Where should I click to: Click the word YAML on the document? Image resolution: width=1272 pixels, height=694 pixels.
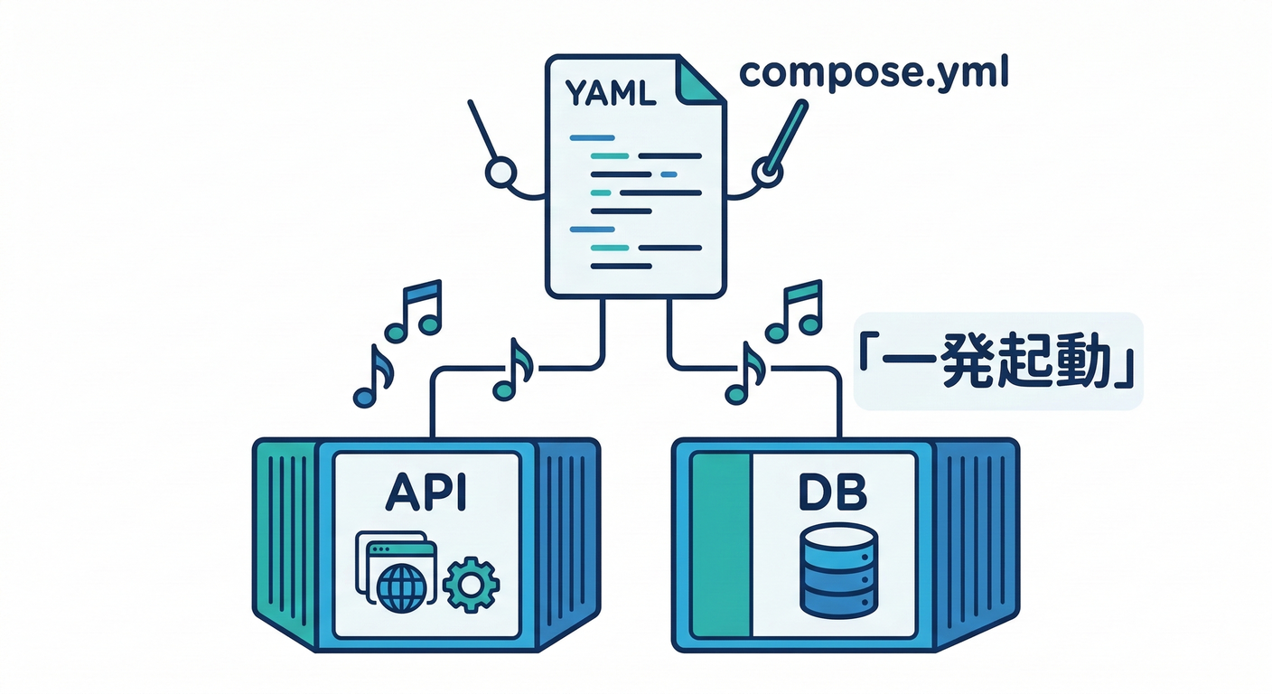click(610, 94)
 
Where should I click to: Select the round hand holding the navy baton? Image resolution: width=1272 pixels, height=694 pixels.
click(500, 173)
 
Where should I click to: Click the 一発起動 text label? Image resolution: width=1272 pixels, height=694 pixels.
click(997, 362)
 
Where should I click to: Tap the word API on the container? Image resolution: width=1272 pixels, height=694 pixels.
click(426, 495)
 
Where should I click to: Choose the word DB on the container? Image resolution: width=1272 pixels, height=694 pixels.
click(833, 495)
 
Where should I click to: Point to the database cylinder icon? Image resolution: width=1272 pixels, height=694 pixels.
click(838, 569)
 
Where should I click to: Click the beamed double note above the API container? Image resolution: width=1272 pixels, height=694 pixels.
click(416, 310)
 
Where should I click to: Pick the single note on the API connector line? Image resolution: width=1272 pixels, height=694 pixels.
click(513, 370)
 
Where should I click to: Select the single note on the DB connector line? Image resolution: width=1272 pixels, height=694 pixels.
click(745, 373)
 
